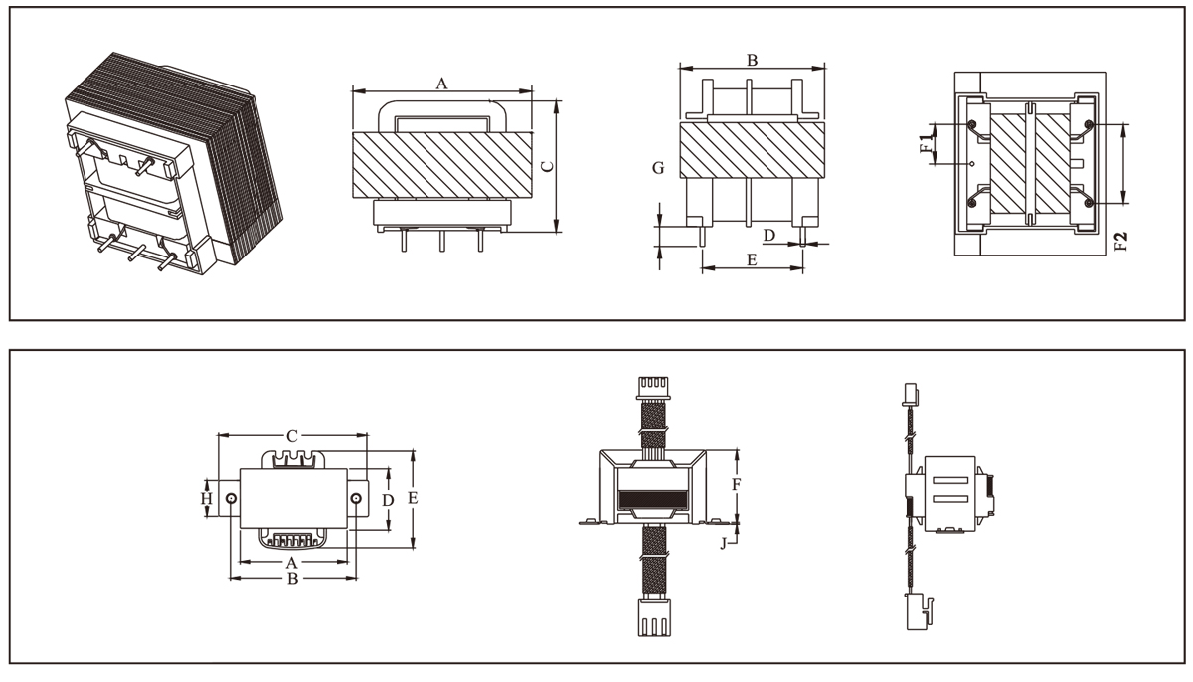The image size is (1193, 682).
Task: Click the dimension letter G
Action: click(x=658, y=169)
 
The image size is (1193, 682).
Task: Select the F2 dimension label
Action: click(x=1120, y=242)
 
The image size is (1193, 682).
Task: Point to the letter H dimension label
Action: click(x=207, y=497)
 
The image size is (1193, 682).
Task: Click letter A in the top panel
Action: click(x=442, y=85)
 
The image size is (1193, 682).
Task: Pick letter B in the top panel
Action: click(x=753, y=60)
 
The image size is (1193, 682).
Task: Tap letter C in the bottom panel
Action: click(x=292, y=436)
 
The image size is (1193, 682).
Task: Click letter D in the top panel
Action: click(x=768, y=235)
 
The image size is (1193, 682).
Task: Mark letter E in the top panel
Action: click(x=752, y=260)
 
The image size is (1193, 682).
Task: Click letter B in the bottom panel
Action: click(x=293, y=578)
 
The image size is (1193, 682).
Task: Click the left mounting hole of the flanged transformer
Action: click(x=232, y=498)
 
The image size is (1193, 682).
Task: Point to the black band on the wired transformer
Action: click(x=652, y=501)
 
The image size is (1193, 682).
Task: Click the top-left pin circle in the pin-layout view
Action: click(x=971, y=125)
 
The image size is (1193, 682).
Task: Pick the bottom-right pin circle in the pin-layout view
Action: click(x=1090, y=203)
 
